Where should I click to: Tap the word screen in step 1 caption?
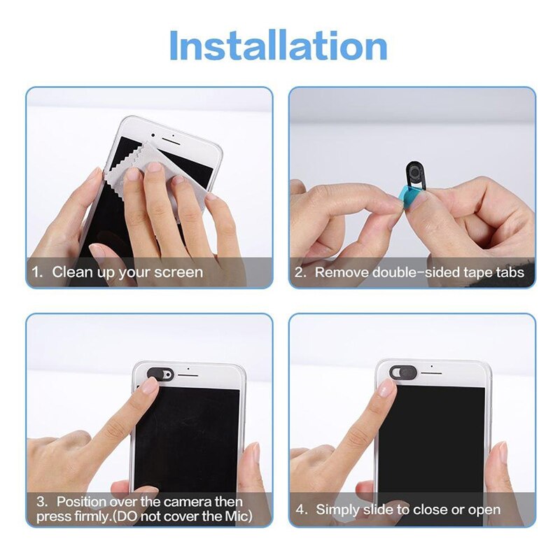click(179, 272)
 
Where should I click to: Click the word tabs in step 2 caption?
click(508, 272)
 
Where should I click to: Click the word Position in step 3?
click(83, 502)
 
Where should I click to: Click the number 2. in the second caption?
click(301, 272)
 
